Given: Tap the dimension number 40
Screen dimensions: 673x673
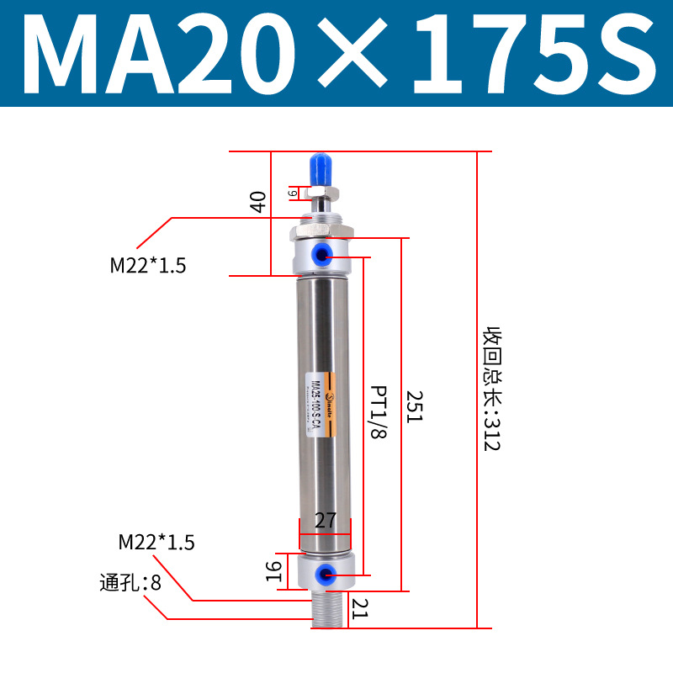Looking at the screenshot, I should pyautogui.click(x=258, y=201).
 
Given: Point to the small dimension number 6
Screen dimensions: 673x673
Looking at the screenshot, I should pyautogui.click(x=292, y=193).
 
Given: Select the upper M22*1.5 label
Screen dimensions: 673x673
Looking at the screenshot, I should pyautogui.click(x=148, y=266).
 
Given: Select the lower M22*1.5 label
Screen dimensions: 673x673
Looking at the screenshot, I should pyautogui.click(x=156, y=542).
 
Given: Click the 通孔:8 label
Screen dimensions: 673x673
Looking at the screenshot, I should pyautogui.click(x=130, y=582).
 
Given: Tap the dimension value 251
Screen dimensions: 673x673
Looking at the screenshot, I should pyautogui.click(x=414, y=406).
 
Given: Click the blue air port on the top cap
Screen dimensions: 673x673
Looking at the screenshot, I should pyautogui.click(x=324, y=253).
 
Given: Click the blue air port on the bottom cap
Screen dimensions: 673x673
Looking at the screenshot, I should pyautogui.click(x=322, y=574).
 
